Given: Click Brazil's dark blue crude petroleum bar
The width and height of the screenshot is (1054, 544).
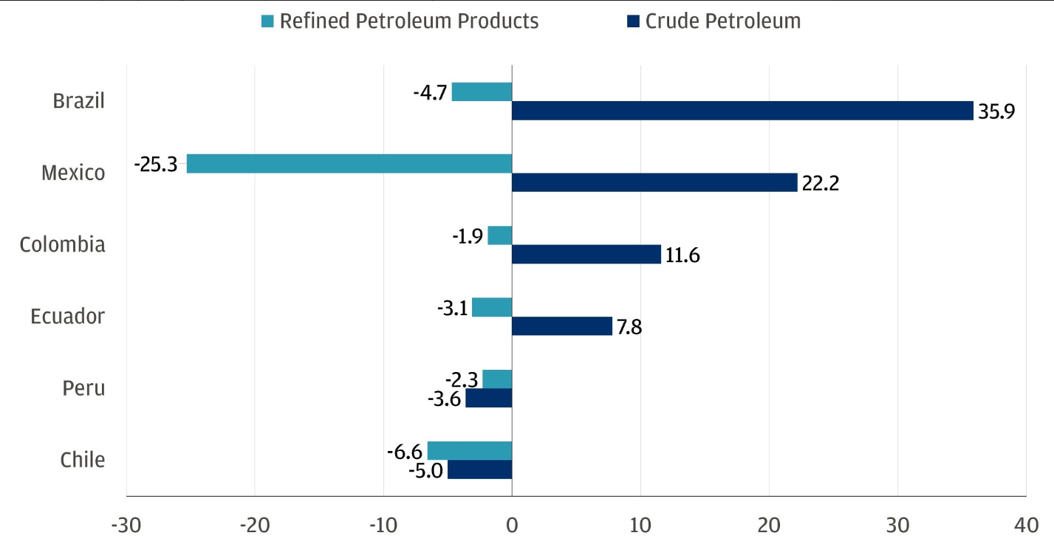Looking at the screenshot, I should [742, 111].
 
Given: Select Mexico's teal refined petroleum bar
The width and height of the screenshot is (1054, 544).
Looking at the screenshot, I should [349, 164].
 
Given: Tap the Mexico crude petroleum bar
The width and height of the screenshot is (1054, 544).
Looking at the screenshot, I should [654, 182].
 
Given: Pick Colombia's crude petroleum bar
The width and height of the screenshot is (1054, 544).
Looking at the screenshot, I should [586, 254].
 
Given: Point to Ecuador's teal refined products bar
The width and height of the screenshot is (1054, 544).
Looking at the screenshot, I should [491, 307].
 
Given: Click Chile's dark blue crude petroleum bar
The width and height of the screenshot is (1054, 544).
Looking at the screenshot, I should [479, 469].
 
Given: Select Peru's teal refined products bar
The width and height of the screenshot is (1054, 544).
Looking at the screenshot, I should [496, 379].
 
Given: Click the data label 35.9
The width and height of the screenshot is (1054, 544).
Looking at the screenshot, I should [996, 111].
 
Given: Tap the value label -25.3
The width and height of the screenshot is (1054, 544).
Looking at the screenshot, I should [156, 164].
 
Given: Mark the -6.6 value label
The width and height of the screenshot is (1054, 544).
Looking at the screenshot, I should [405, 450].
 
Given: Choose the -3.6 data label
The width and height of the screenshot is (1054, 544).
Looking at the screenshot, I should [444, 399].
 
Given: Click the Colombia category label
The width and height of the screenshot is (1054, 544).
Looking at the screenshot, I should [63, 244].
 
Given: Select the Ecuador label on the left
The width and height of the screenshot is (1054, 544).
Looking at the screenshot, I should [68, 316].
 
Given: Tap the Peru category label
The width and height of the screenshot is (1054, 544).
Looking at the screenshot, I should [83, 388].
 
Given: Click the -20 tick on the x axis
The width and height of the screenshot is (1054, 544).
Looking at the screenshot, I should [254, 526].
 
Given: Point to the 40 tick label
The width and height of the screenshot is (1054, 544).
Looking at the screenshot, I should [1025, 526].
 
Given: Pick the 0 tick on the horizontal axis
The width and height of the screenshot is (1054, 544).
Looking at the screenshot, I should [512, 526].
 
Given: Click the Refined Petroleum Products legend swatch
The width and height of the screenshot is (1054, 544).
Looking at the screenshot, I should [267, 21].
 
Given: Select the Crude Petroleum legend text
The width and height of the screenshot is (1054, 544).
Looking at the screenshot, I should [722, 21].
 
